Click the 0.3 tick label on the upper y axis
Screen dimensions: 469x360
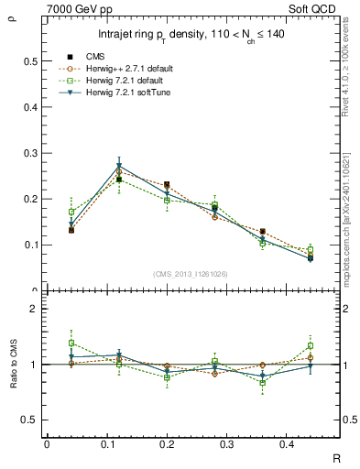[30, 153]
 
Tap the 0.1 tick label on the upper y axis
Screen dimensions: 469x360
[30, 245]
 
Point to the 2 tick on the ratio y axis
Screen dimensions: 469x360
[34, 310]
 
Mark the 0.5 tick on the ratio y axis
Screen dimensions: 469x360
[30, 420]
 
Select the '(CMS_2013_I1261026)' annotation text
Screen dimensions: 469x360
[191, 273]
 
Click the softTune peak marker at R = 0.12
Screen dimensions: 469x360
[119, 167]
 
